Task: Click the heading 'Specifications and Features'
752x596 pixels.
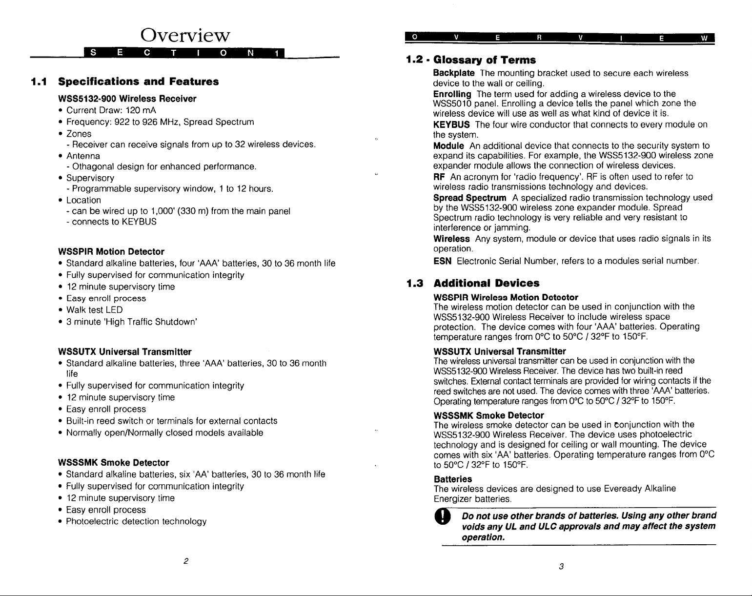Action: coord(138,82)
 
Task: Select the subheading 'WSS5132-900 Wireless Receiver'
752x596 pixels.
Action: coord(127,99)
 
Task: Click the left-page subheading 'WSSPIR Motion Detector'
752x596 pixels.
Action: coord(111,252)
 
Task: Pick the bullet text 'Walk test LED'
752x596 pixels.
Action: coord(94,310)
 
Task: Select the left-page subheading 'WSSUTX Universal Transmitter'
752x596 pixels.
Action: coord(124,352)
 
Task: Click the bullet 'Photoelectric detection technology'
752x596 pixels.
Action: coord(136,521)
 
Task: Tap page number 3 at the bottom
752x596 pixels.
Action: coord(562,566)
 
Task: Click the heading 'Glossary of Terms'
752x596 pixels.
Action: coord(485,60)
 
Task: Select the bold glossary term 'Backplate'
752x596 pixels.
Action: coord(453,73)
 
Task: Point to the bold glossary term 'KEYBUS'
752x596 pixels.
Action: coord(451,124)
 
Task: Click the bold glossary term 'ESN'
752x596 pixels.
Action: coord(442,261)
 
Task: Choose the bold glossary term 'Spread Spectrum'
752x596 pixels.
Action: coord(469,198)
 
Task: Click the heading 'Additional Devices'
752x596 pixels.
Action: coord(487,283)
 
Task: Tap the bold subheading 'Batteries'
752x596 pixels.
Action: coord(452,479)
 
